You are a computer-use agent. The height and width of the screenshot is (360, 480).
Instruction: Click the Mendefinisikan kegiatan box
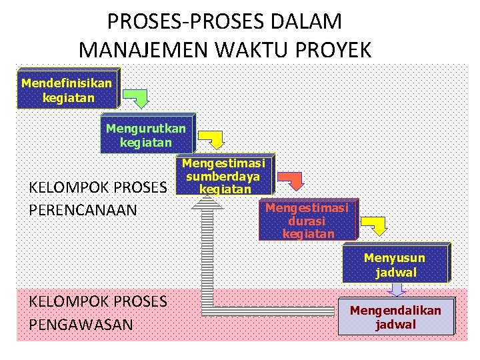[x=67, y=89]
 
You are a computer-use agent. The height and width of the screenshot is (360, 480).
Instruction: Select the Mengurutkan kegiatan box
[x=146, y=134]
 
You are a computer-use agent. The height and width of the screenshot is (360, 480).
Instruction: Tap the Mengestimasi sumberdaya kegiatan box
[x=224, y=176]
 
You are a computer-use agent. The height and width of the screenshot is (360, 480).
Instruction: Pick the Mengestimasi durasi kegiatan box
[x=307, y=220]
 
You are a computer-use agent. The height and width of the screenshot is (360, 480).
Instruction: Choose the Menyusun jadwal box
[x=395, y=265]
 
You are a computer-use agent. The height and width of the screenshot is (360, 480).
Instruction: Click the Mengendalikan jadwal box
[x=395, y=317]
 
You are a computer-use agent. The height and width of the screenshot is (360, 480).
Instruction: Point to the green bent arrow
[x=138, y=97]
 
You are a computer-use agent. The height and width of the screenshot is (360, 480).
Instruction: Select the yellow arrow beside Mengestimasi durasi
[x=377, y=225]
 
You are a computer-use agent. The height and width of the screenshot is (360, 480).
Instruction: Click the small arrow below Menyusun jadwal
[x=398, y=289]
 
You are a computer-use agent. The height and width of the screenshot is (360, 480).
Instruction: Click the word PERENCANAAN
[x=83, y=210]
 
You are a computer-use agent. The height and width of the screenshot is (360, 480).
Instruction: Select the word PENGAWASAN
[x=81, y=324]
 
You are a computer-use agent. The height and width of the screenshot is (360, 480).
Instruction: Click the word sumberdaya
[x=223, y=177]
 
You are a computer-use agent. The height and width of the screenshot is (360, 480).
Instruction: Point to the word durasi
[x=307, y=221]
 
